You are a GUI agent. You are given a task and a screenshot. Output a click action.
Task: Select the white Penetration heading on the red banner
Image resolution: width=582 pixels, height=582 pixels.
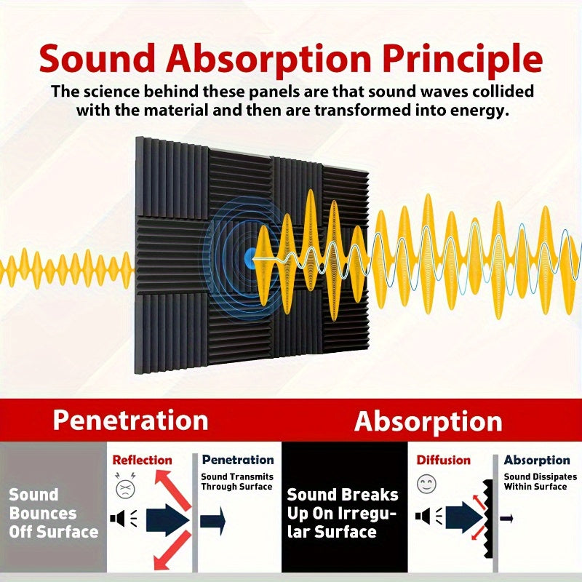pyautogui.click(x=130, y=420)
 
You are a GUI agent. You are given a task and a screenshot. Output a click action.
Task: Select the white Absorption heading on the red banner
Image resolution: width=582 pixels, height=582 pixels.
pyautogui.click(x=428, y=421)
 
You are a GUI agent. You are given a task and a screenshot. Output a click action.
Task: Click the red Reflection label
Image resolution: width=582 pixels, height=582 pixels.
pyautogui.click(x=142, y=460)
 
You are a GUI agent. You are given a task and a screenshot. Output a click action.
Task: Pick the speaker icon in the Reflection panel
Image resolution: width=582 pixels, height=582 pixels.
pyautogui.click(x=121, y=519)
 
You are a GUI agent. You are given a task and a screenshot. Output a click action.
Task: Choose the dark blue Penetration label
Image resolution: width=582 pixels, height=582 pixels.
pyautogui.click(x=238, y=460)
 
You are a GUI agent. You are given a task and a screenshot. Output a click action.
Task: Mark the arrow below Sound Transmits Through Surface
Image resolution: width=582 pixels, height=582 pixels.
pyautogui.click(x=212, y=519)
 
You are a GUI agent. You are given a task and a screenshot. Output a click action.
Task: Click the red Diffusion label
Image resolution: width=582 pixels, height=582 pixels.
pyautogui.click(x=443, y=460)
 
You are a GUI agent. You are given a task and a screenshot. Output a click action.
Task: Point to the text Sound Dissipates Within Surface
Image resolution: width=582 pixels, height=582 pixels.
pyautogui.click(x=540, y=482)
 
